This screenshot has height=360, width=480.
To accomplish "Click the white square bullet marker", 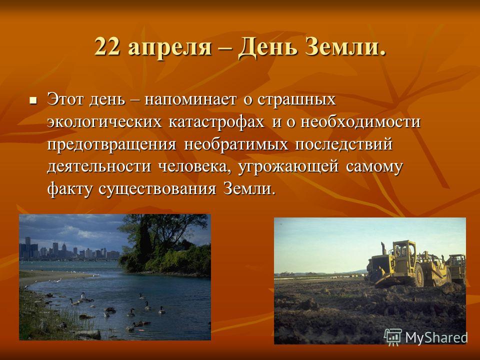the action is click(x=33, y=100).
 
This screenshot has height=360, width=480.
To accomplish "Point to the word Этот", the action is click(x=66, y=99).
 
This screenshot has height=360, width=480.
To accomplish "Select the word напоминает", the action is click(x=190, y=100).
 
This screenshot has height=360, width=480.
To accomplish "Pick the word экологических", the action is click(x=104, y=122).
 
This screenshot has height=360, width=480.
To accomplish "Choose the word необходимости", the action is click(x=360, y=122).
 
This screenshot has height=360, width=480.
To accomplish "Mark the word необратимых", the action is click(x=236, y=144).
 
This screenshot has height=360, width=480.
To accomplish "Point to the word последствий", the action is click(x=344, y=144).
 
